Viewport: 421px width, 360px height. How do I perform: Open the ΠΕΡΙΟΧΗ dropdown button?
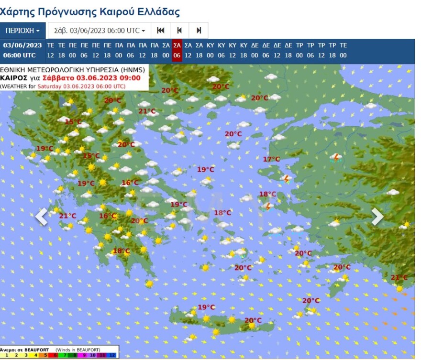coord(22,31)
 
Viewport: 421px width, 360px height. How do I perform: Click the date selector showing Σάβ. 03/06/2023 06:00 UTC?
coord(100,31)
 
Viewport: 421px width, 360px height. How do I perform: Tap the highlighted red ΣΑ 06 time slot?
coord(177,50)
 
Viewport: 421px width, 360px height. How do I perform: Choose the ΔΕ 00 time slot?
coord(255,50)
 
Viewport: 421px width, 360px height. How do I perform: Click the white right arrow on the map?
coord(377,217)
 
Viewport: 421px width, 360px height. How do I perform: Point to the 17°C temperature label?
coord(271,159)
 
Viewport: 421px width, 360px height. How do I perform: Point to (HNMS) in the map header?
coord(134,70)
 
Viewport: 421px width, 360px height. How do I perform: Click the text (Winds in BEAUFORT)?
coord(78,350)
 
